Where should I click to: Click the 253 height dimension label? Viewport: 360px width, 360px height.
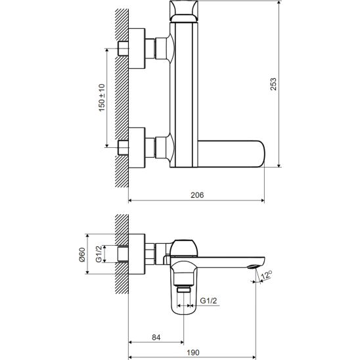pyautogui.click(x=273, y=84)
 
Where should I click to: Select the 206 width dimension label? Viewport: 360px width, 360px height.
pyautogui.click(x=197, y=195)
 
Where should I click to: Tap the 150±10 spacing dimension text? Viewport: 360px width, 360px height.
pyautogui.click(x=102, y=98)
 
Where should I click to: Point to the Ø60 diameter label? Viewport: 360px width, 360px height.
pyautogui.click(x=81, y=255)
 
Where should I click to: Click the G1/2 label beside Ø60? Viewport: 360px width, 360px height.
pyautogui.click(x=99, y=254)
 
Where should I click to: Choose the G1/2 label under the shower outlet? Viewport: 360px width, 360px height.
pyautogui.click(x=208, y=300)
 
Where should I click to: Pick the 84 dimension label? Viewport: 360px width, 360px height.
pyautogui.click(x=156, y=337)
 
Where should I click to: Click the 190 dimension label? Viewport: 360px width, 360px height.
pyautogui.click(x=193, y=352)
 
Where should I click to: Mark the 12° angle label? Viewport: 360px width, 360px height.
pyautogui.click(x=266, y=275)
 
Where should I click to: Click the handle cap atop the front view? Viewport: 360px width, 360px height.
pyautogui.click(x=184, y=11)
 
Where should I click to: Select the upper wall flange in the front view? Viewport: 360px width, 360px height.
pyautogui.click(x=137, y=49)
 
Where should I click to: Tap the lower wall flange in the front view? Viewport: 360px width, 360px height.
pyautogui.click(x=137, y=148)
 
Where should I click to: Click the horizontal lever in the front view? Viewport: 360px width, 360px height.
pyautogui.click(x=231, y=154)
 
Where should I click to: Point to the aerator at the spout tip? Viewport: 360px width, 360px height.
pyautogui.click(x=253, y=267)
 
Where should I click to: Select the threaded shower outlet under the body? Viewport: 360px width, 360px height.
pyautogui.click(x=184, y=289)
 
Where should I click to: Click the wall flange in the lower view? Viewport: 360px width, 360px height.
pyautogui.click(x=137, y=254)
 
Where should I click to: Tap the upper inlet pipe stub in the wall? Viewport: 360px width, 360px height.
pyautogui.click(x=124, y=49)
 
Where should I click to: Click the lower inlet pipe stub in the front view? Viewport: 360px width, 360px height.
pyautogui.click(x=124, y=147)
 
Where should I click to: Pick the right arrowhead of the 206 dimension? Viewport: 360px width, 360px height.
pyautogui.click(x=263, y=200)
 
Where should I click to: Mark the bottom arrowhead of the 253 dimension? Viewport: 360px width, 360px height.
pyautogui.click(x=279, y=166)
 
